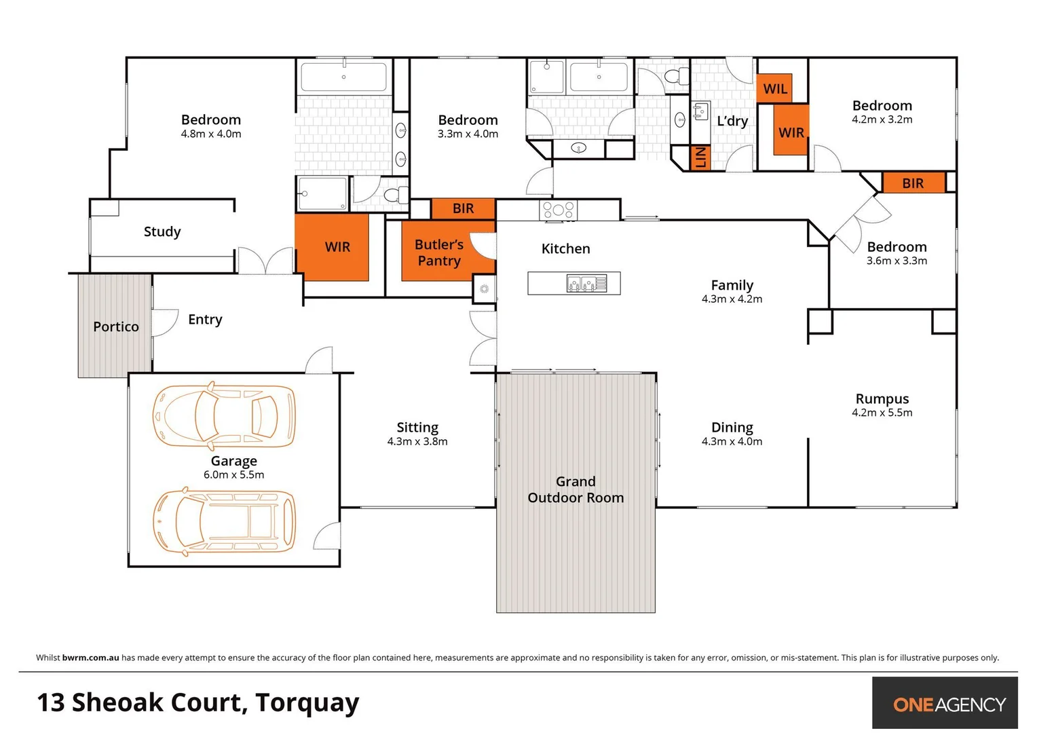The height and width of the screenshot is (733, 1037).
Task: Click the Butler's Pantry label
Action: click(439, 252)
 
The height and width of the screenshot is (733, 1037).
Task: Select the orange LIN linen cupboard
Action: click(700, 157)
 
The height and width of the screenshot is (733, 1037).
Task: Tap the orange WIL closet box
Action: click(775, 89)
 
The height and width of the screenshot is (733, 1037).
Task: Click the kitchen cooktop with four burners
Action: click(558, 210)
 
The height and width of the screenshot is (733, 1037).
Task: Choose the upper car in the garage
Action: click(224, 415)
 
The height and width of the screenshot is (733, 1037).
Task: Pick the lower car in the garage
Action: click(224, 521)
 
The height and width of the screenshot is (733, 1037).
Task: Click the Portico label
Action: click(116, 326)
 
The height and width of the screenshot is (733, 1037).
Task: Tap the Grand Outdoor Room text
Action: click(576, 489)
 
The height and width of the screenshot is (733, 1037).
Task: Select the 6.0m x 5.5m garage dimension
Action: click(233, 475)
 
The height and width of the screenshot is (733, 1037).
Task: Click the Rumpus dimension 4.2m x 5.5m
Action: click(882, 413)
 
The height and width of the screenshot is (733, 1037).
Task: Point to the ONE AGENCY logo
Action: click(949, 704)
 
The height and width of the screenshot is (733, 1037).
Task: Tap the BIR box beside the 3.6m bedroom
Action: click(913, 183)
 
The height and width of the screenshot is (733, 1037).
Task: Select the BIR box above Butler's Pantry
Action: click(464, 208)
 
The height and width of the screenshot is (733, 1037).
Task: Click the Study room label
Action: click(162, 231)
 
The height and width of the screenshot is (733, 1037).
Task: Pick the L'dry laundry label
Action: click(732, 121)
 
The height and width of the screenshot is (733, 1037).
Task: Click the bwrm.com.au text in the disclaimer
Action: click(90, 658)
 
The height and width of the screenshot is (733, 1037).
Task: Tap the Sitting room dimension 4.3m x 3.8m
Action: click(417, 442)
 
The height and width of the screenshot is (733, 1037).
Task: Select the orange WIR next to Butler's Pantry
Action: click(337, 247)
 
